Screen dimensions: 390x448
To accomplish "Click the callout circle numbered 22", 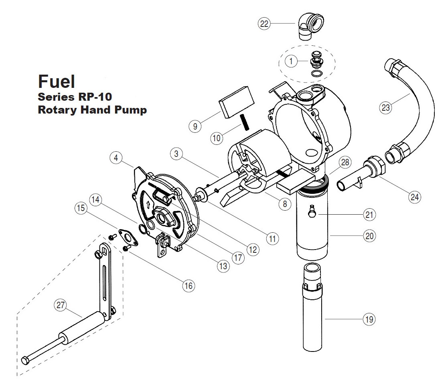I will pos(264,24).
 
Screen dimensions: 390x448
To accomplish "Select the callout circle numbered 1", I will pos(291,61).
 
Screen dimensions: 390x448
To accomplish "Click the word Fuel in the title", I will pos(57,81).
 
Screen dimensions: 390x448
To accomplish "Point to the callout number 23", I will pos(386,108).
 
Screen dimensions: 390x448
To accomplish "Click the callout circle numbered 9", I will pos(195,126).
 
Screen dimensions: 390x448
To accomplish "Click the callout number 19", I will pos(369,319).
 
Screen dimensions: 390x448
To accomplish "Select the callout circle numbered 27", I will pos(61,306).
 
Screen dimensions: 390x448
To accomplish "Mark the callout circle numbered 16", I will pos(188,286).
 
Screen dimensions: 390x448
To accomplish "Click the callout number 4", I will pos(116,158).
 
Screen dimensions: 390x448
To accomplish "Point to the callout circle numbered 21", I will pos(369,215).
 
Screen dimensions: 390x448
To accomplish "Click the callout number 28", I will pos(345,162).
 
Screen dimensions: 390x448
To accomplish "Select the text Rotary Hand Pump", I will pos(92,110).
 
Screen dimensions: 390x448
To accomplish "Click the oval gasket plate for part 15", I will pos(128,237).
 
